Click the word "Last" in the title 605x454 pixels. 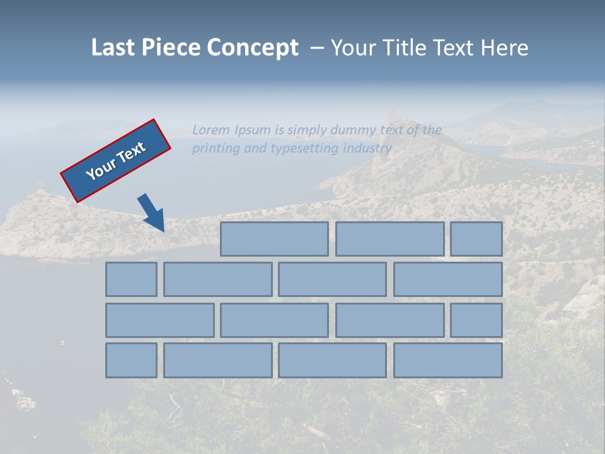pyautogui.click(x=113, y=48)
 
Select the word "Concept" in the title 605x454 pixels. pyautogui.click(x=253, y=48)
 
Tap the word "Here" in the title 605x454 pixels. pyautogui.click(x=505, y=48)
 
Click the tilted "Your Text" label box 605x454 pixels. pyautogui.click(x=116, y=161)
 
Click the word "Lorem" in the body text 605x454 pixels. pyautogui.click(x=211, y=130)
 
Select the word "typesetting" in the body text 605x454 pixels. pyautogui.click(x=304, y=149)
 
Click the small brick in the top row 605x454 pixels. pyautogui.click(x=476, y=239)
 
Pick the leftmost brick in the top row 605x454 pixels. pyautogui.click(x=274, y=239)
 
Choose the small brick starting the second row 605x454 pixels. pyautogui.click(x=131, y=279)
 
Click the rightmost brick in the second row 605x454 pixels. pyautogui.click(x=448, y=279)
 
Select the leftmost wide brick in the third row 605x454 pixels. pyautogui.click(x=159, y=320)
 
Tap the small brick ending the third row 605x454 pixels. pyautogui.click(x=476, y=320)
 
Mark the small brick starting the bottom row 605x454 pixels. pyautogui.click(x=131, y=360)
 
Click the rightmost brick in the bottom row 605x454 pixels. pyautogui.click(x=448, y=360)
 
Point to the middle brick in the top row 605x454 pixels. pyautogui.click(x=389, y=239)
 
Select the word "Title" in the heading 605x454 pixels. pyautogui.click(x=404, y=48)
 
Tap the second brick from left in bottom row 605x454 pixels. pyautogui.click(x=218, y=360)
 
